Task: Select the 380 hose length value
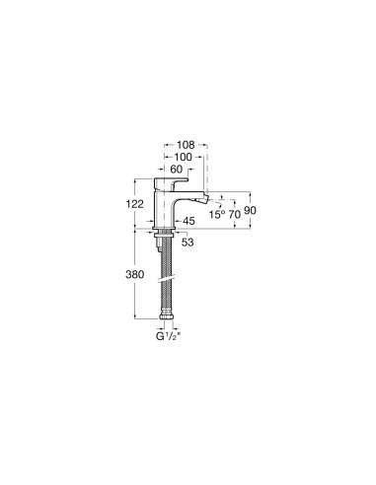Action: point(136,276)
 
